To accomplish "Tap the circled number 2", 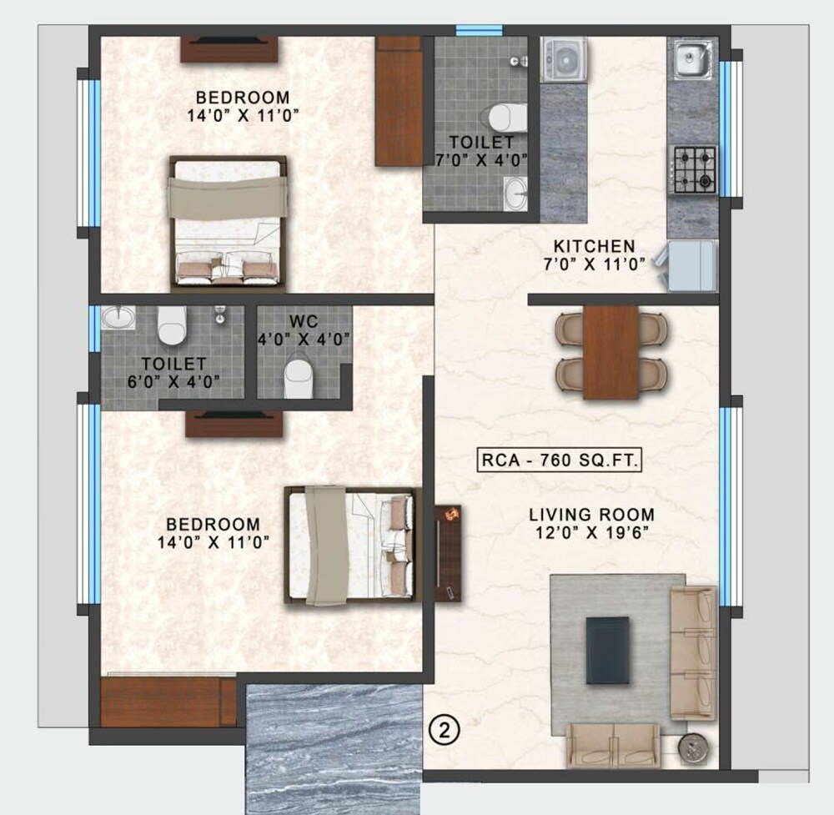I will [x=445, y=730].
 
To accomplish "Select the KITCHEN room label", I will [x=595, y=247].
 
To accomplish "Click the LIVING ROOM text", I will [x=591, y=515].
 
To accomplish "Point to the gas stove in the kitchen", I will [x=693, y=170].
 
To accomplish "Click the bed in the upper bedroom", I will [x=227, y=224].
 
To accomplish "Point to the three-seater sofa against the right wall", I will [x=693, y=652].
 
